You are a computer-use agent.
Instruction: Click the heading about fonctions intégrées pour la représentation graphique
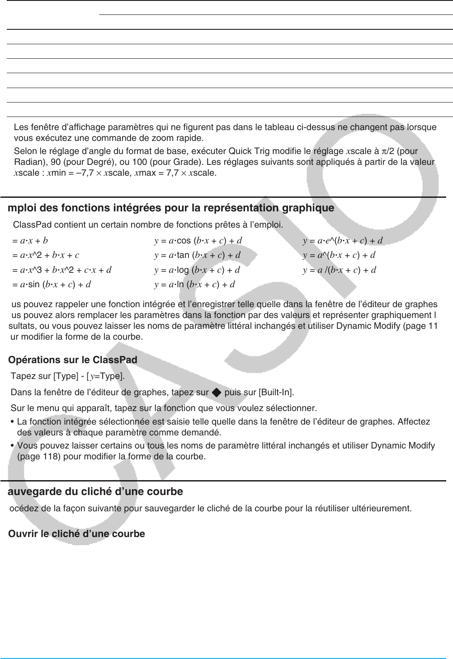tap(171, 208)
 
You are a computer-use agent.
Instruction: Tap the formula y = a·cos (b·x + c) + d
tap(198, 241)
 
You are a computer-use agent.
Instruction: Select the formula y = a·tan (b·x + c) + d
tap(197, 255)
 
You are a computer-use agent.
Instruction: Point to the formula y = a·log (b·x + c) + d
tap(197, 270)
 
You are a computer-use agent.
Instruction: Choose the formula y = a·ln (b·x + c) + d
tap(194, 285)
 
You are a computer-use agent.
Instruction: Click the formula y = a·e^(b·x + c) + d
tap(343, 241)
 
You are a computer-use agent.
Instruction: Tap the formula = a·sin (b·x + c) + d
tap(52, 285)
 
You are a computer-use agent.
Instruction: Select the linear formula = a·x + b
tap(30, 241)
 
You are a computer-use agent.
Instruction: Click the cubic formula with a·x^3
tap(62, 270)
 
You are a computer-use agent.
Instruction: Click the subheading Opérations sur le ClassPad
tap(73, 360)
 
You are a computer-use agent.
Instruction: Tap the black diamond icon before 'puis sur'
tap(217, 393)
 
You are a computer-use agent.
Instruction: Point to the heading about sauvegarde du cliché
tap(95, 491)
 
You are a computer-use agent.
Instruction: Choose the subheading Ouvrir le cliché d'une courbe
tap(77, 534)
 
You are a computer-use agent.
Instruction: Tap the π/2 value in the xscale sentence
tap(387, 151)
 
